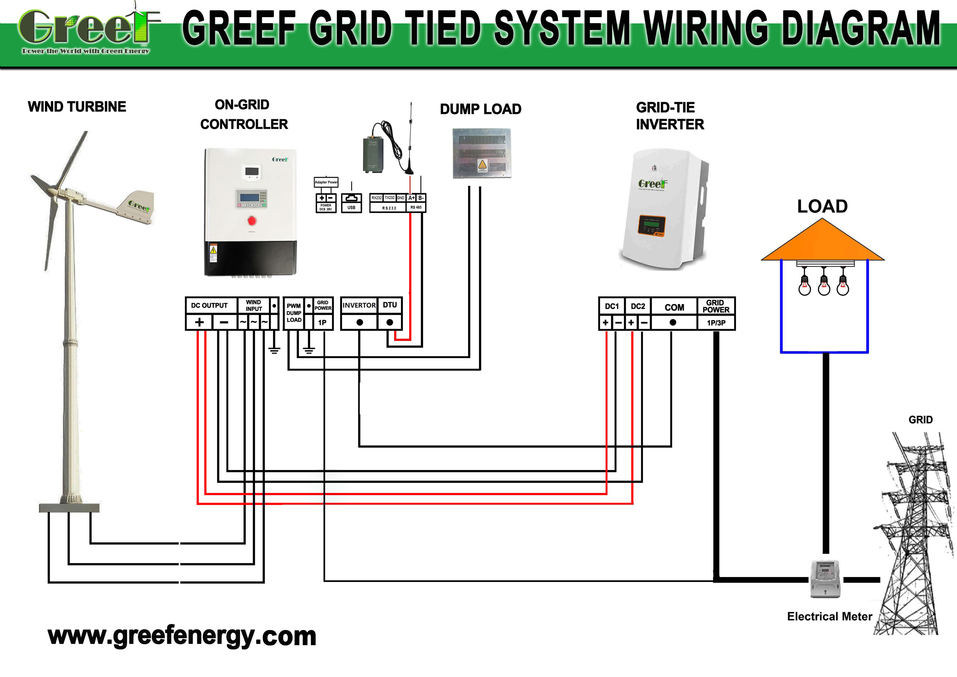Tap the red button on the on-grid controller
coord(251,220)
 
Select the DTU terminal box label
coord(390,305)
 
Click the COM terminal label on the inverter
coord(674,307)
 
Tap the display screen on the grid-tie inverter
coord(651,224)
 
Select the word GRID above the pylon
coord(920,420)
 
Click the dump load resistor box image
coord(482,153)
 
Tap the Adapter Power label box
coord(326,182)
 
